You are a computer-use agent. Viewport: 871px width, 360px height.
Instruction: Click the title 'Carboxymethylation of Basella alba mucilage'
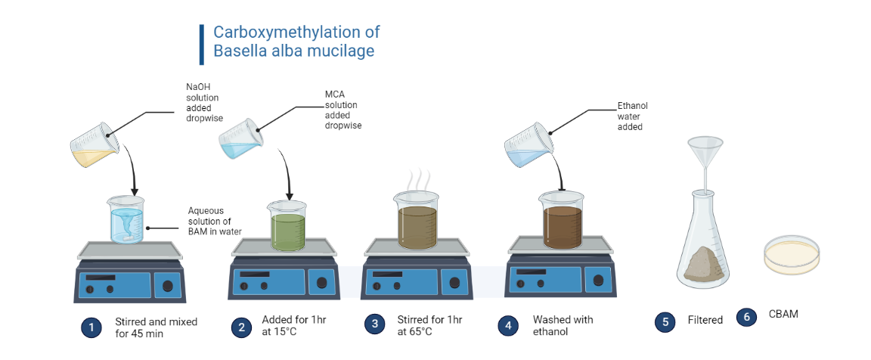pyautogui.click(x=296, y=42)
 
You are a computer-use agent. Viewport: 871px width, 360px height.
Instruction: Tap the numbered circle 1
pyautogui.click(x=91, y=327)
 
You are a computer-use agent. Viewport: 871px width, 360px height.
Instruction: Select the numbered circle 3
pyautogui.click(x=374, y=324)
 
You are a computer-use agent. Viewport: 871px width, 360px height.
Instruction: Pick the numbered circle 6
pyautogui.click(x=746, y=317)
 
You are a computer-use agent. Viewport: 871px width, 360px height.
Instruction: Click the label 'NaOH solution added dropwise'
pyautogui.click(x=204, y=101)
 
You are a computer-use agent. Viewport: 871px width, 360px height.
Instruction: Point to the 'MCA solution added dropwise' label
pyautogui.click(x=342, y=110)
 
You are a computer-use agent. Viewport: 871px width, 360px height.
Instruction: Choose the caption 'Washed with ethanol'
pyautogui.click(x=563, y=325)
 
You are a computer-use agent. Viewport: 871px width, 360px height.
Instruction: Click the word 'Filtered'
pyautogui.click(x=705, y=320)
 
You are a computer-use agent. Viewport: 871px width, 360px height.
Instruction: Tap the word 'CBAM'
pyautogui.click(x=783, y=314)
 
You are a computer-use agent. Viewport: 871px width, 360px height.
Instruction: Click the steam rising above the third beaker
pyautogui.click(x=416, y=184)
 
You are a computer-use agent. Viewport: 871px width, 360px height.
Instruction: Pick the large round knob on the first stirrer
pyautogui.click(x=167, y=286)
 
